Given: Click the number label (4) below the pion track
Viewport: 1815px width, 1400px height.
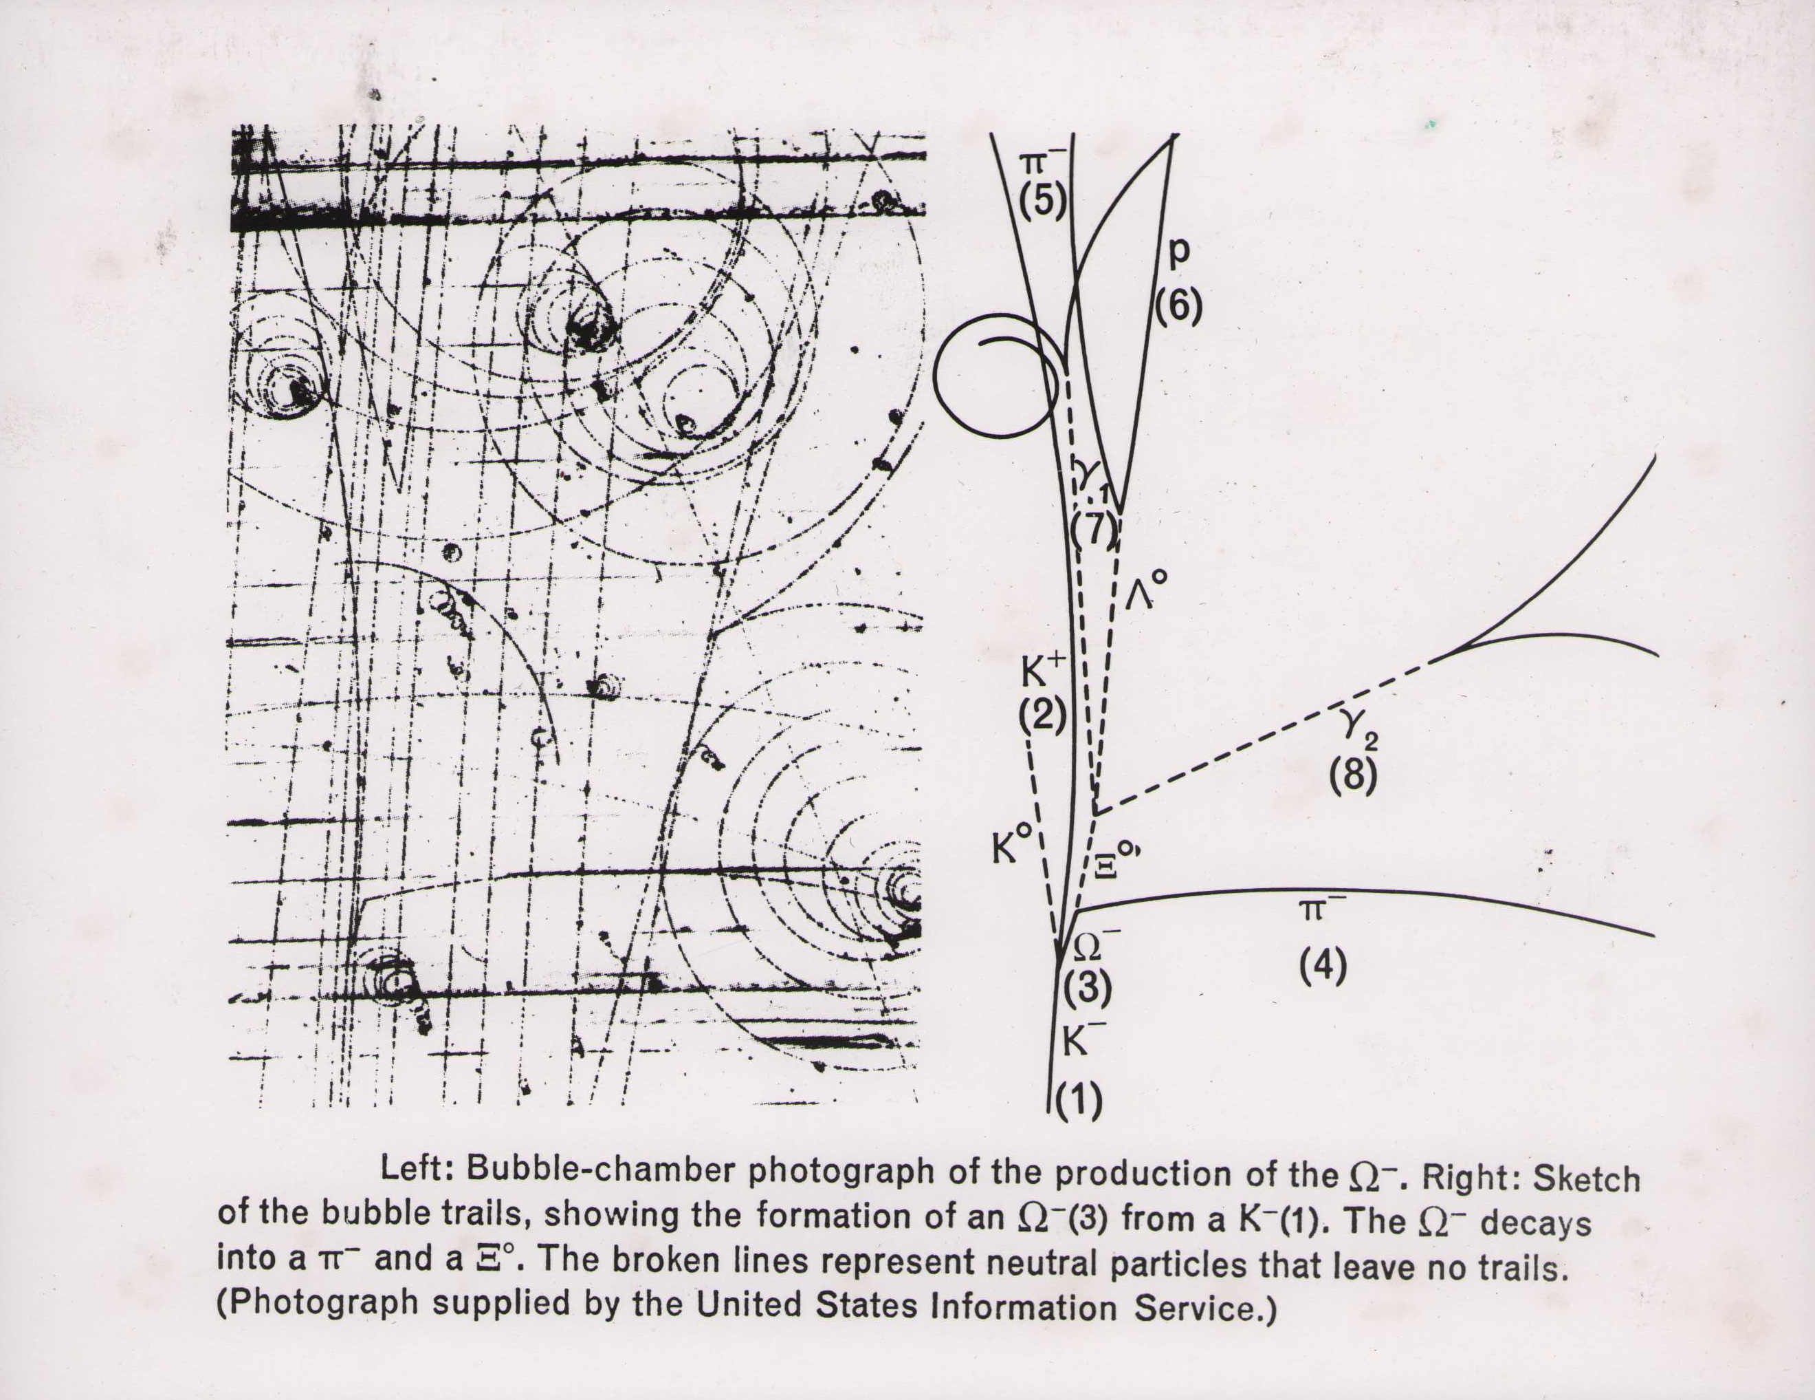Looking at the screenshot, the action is [x=1323, y=966].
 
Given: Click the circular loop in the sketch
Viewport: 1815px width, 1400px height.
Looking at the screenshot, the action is [x=935, y=378].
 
